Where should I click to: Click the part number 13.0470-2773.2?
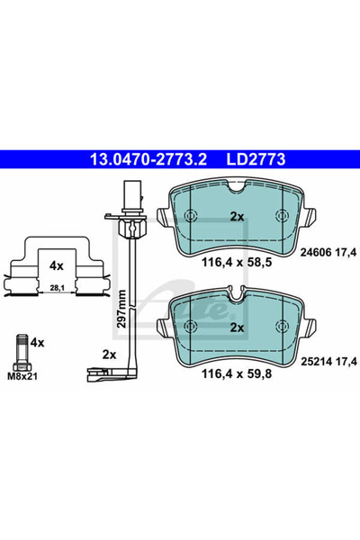148,161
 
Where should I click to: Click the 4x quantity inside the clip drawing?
57,267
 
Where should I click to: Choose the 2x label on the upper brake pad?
238,217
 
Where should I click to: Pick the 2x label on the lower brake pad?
238,328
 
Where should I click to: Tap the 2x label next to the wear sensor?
110,354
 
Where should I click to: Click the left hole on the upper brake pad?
190,216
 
